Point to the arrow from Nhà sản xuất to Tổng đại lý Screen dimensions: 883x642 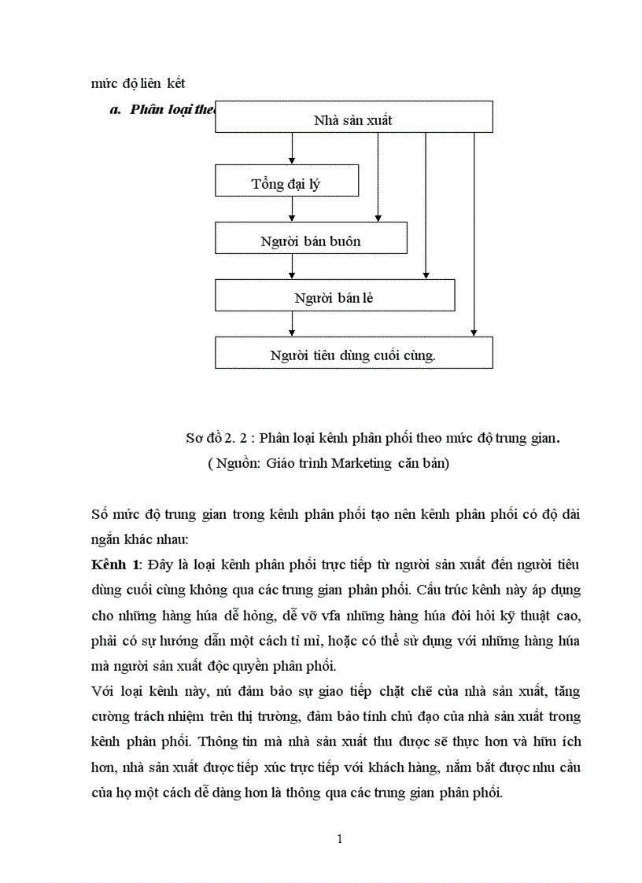pyautogui.click(x=292, y=148)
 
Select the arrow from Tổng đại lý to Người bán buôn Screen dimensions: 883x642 pyautogui.click(x=292, y=208)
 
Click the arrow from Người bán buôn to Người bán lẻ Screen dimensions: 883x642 pyautogui.click(x=292, y=266)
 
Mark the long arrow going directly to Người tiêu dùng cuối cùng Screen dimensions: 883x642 pyautogui.click(x=474, y=236)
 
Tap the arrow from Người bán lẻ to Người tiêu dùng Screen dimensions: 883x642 pyautogui.click(x=292, y=323)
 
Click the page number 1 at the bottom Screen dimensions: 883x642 pyautogui.click(x=339, y=838)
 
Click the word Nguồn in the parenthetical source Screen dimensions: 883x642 pyautogui.click(x=234, y=464)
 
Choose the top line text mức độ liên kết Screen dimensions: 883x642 pyautogui.click(x=138, y=83)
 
